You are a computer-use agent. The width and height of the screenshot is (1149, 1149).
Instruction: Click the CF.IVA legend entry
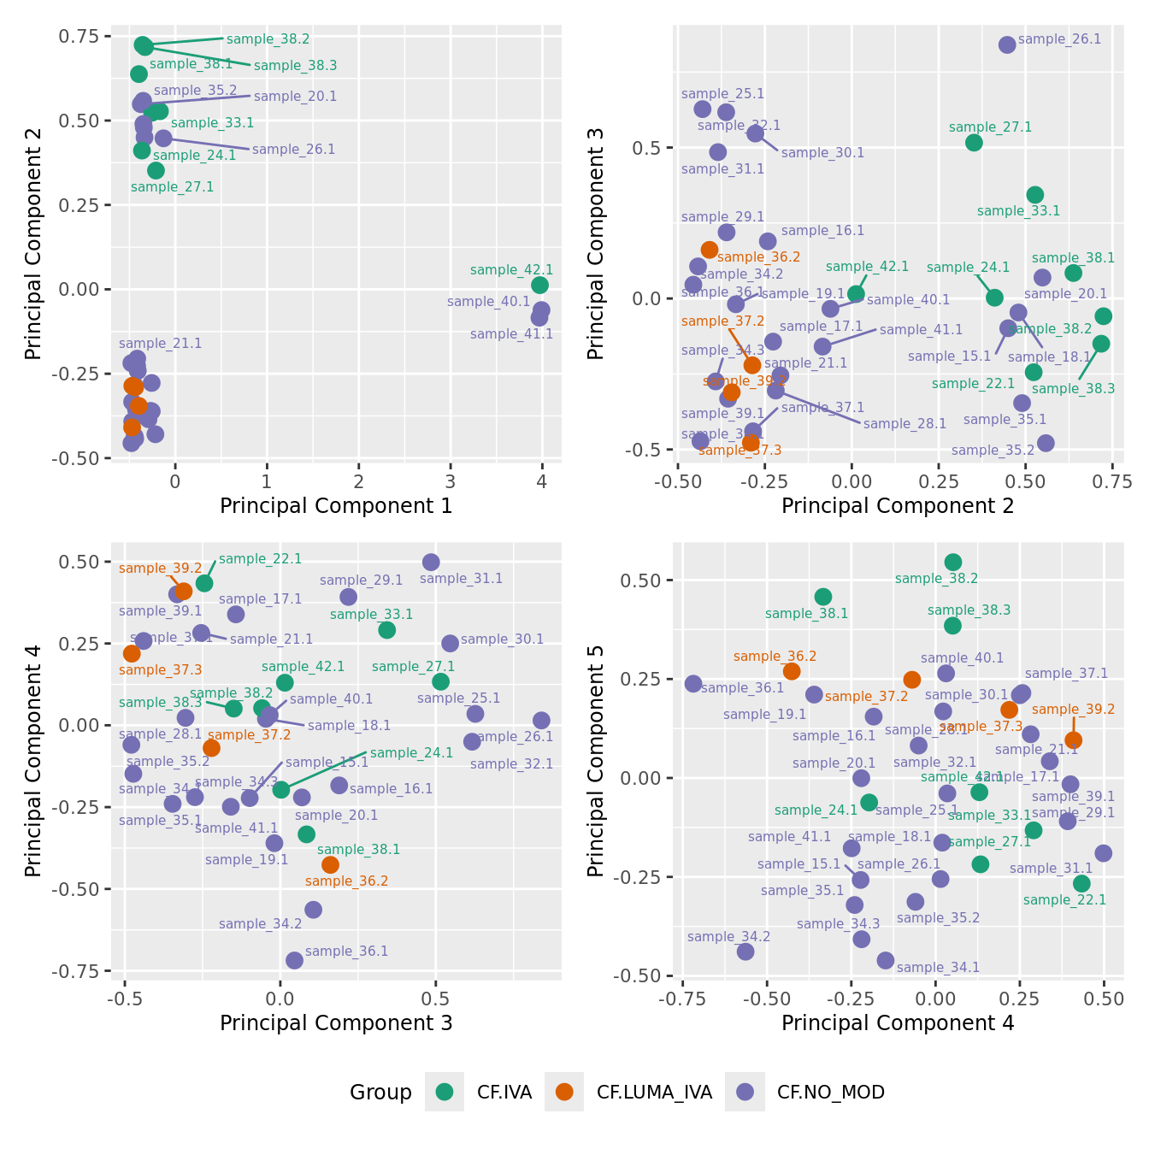[504, 1092]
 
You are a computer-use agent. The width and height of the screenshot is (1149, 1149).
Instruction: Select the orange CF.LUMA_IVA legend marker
[564, 1092]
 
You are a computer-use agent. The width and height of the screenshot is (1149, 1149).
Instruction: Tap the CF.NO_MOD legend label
[830, 1092]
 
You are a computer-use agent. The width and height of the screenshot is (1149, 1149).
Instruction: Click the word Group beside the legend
[380, 1093]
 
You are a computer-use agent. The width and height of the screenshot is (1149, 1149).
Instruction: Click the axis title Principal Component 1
[336, 506]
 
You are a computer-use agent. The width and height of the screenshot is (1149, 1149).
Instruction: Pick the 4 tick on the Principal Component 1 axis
[542, 481]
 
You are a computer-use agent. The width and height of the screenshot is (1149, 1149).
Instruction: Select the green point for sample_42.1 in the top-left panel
[539, 285]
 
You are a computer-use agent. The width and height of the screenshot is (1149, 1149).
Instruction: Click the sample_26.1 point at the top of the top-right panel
[1007, 44]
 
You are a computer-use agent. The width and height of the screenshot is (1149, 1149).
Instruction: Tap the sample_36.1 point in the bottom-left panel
[294, 960]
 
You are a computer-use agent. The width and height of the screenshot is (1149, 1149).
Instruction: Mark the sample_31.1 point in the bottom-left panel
[431, 562]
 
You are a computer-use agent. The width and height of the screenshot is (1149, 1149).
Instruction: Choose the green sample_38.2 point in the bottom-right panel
[952, 562]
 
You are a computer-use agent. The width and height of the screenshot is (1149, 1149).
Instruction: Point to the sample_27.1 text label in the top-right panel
[990, 127]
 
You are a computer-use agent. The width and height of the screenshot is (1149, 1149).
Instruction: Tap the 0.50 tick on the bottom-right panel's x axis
[1104, 999]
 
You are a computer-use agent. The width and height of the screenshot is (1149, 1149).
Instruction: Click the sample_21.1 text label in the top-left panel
[161, 344]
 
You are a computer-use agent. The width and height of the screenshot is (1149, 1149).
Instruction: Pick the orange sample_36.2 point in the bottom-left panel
[330, 864]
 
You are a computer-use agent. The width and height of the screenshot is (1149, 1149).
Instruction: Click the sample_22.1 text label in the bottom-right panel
[1064, 899]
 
